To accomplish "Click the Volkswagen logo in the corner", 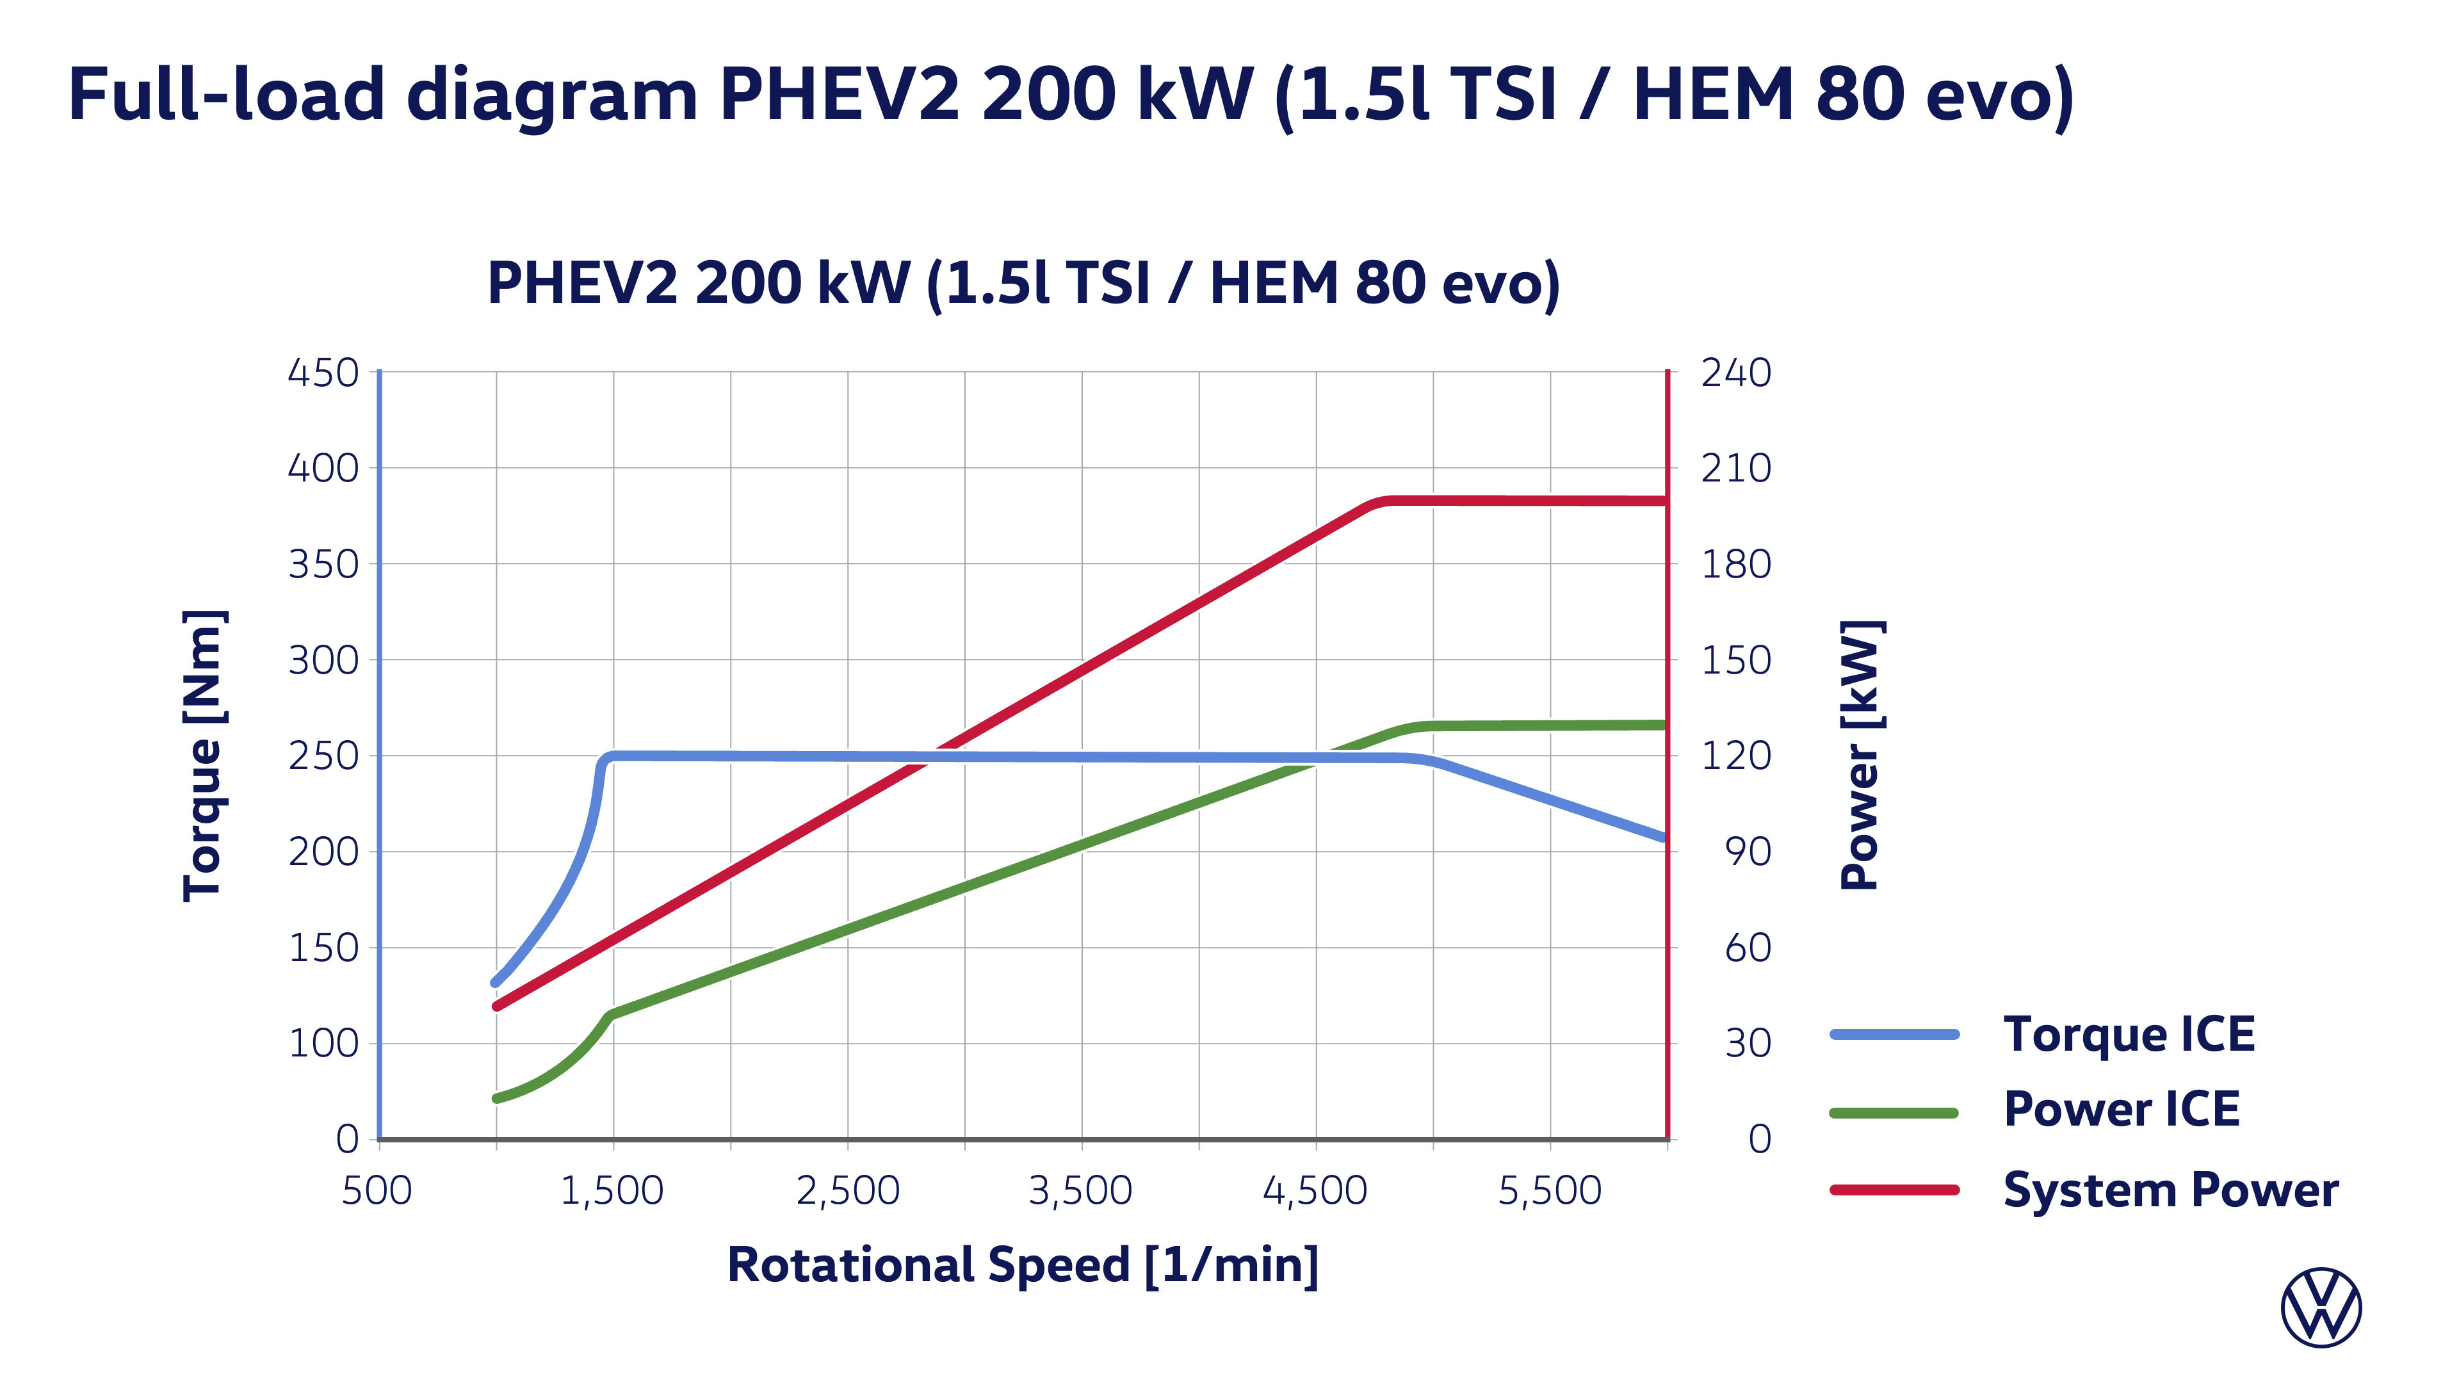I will (2321, 1307).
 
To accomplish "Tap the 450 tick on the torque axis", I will (323, 372).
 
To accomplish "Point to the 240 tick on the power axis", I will (1735, 372).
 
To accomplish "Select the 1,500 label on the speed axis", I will (612, 1190).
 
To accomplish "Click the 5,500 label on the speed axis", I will (1549, 1190).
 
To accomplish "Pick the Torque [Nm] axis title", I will (204, 755).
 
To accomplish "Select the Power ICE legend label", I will (2121, 1109).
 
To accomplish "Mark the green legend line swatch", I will (1894, 1113).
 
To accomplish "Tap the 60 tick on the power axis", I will (1747, 948).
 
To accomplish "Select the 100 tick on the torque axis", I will (323, 1043).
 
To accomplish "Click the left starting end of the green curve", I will (496, 1099).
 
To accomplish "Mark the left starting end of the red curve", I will (496, 1006).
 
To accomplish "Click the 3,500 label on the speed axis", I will (1080, 1190).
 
